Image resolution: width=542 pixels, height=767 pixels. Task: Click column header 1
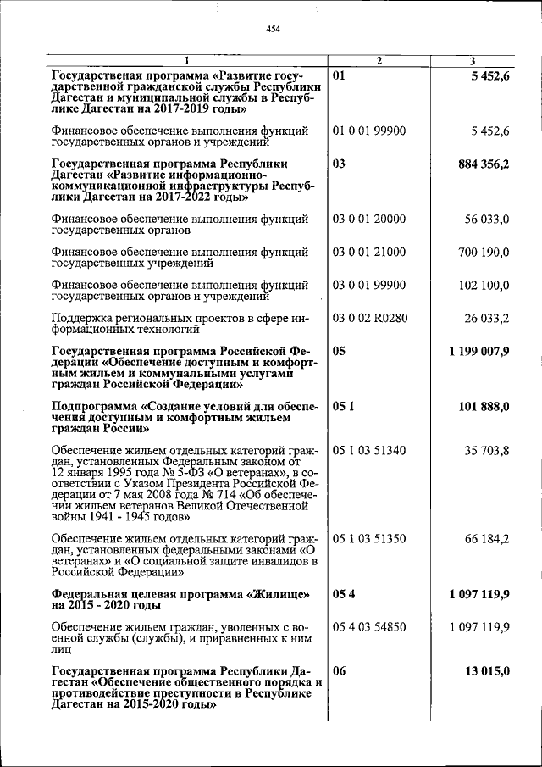coord(186,60)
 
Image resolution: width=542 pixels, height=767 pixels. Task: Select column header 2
coord(379,60)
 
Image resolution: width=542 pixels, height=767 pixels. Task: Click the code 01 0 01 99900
coord(369,131)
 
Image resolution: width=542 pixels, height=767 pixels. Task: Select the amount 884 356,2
coord(482,164)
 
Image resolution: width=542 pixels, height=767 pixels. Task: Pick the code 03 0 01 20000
coord(369,219)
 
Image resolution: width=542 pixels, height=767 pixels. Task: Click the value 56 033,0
coord(486,219)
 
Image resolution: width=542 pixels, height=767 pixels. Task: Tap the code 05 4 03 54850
coord(369,626)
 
